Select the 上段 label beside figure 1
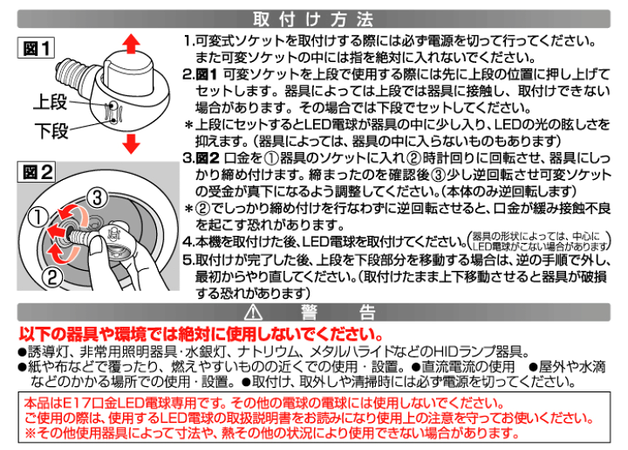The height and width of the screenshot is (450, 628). click(50, 103)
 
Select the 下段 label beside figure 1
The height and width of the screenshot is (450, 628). click(50, 131)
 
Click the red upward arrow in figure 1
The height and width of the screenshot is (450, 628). click(128, 43)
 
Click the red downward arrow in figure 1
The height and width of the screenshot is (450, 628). click(128, 143)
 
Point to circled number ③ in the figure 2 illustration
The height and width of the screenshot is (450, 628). click(98, 194)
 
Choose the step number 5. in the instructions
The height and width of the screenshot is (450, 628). click(189, 260)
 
